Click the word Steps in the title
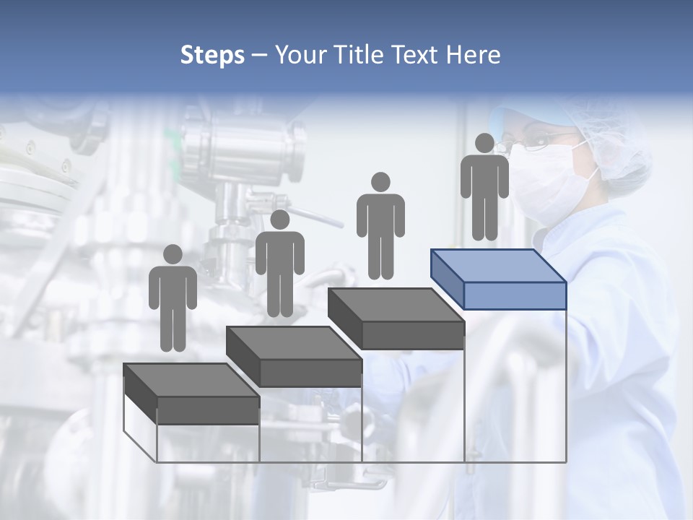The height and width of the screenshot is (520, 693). click(x=212, y=56)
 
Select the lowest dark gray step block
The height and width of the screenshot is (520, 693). click(x=191, y=394)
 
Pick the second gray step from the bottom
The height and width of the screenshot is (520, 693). click(x=294, y=356)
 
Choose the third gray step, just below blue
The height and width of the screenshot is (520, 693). click(x=396, y=318)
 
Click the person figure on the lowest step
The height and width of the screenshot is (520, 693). click(x=173, y=303)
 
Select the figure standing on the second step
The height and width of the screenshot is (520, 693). click(x=279, y=268)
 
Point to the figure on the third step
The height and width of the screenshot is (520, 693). click(x=380, y=230)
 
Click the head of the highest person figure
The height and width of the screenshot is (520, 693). click(x=484, y=143)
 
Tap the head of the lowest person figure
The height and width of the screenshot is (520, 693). click(x=173, y=254)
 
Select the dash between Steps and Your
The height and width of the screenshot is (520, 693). click(x=259, y=56)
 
